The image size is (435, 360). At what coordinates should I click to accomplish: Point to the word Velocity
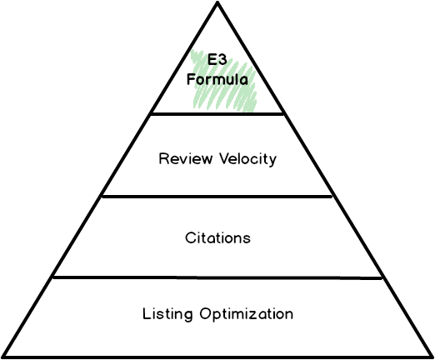[245, 158]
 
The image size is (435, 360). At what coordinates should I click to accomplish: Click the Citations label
[217, 237]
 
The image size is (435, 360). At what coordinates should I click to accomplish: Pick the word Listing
[167, 314]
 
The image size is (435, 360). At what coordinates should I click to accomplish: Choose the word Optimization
[246, 315]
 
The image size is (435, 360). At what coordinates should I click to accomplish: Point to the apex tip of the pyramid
[217, 7]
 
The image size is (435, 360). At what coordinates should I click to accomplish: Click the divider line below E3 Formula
[217, 113]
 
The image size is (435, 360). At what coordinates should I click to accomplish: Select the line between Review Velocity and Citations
[217, 197]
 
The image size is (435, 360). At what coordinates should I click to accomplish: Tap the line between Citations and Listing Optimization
[217, 277]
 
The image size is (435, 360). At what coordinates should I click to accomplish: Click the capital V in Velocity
[218, 158]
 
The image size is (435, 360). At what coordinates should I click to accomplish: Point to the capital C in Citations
[189, 237]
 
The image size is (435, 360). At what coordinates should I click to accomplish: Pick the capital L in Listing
[147, 314]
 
